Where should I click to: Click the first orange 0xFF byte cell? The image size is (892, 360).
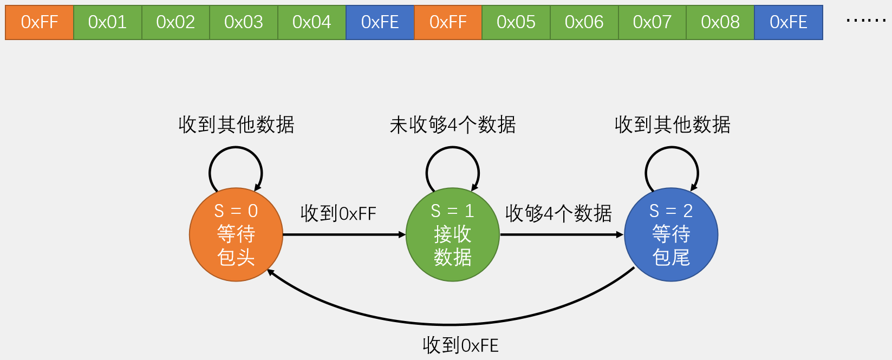pos(40,22)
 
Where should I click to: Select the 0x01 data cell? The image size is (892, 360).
pos(108,22)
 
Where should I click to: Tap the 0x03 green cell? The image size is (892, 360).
pos(244,22)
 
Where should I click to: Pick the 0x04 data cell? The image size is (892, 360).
pos(312,22)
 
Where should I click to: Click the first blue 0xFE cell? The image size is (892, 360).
pos(380,22)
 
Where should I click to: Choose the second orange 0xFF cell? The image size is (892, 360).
pos(448,22)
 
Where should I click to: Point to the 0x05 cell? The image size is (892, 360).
pos(516,22)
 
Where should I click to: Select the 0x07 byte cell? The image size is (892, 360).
pos(652,22)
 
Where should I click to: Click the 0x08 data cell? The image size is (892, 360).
pos(720,22)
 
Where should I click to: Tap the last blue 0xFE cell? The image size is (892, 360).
pos(789,22)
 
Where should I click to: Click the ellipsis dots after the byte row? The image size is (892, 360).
pos(865,21)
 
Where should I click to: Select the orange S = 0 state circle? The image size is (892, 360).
pos(236,234)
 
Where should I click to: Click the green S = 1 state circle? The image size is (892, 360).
pos(453,234)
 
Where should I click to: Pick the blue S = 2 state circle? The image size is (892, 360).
pos(671,234)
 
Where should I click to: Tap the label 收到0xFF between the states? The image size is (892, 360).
pos(338,213)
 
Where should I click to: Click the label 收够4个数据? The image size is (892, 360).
pos(558,213)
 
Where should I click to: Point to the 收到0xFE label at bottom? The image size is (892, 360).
pos(460,345)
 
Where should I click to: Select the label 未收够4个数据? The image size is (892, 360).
pos(453,125)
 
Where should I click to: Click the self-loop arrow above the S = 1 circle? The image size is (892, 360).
pos(453,149)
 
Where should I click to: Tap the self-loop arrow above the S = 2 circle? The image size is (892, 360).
pos(672,149)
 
